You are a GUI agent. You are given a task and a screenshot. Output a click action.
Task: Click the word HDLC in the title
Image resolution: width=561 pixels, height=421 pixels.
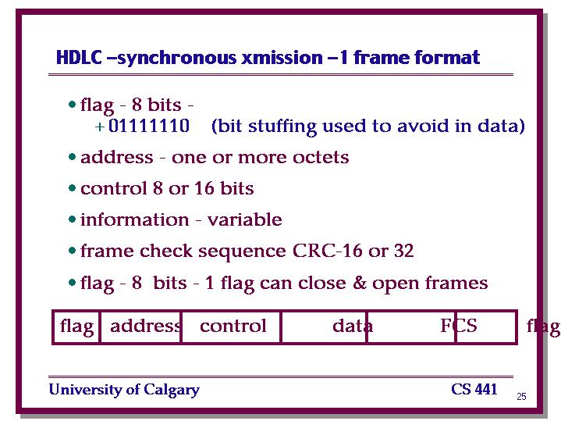tap(79, 57)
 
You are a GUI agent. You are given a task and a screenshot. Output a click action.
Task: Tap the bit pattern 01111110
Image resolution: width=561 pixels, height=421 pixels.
tap(149, 126)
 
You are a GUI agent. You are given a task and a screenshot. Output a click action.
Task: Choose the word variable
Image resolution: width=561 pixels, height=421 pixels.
tap(245, 219)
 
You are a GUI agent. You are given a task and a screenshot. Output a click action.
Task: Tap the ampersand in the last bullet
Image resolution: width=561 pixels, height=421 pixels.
tap(360, 282)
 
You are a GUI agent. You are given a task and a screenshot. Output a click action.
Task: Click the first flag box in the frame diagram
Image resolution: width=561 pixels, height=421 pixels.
tap(76, 326)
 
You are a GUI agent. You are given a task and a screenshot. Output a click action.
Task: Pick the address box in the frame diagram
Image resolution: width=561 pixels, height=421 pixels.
tap(141, 326)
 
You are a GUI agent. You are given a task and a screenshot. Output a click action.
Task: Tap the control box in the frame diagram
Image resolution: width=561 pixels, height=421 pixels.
tap(232, 326)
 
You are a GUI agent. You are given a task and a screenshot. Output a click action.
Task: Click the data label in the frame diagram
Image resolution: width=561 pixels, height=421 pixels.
tap(353, 326)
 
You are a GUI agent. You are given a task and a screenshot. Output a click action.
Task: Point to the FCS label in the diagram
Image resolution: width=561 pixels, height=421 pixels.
tap(459, 326)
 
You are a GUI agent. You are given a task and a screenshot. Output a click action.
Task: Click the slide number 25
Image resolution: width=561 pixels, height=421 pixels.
tap(521, 396)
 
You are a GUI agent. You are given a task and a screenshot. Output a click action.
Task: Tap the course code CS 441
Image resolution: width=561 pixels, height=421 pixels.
tap(474, 389)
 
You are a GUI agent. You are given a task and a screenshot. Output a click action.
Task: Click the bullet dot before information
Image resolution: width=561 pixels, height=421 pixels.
tap(72, 219)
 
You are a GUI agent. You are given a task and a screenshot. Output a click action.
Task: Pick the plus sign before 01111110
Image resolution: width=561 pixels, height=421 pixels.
tap(100, 127)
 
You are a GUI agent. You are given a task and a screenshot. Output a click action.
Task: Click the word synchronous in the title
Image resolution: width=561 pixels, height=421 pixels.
tap(177, 58)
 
